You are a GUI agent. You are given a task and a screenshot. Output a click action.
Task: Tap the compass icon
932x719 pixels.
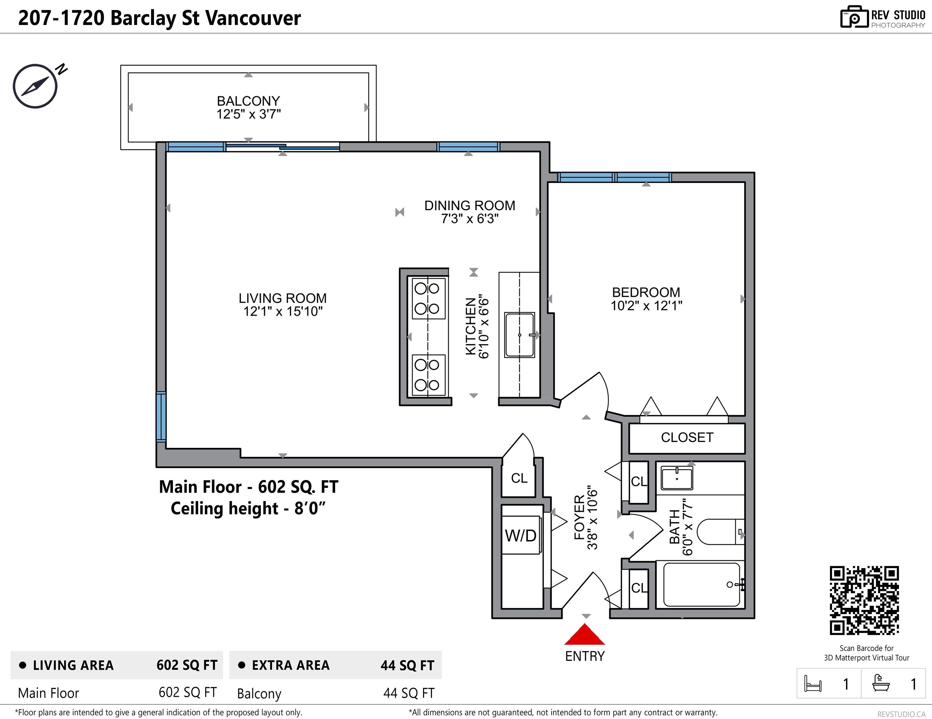(x=35, y=86)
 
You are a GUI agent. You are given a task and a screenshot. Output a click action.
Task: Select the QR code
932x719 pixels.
(x=864, y=600)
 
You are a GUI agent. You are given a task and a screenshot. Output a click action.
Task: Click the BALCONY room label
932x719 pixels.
(x=248, y=101)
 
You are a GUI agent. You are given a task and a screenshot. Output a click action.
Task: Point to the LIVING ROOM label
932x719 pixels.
(x=282, y=298)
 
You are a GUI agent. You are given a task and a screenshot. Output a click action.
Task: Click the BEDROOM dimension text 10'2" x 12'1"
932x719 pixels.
(x=646, y=306)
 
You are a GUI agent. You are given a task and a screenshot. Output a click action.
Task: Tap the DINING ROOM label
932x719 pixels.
(x=469, y=206)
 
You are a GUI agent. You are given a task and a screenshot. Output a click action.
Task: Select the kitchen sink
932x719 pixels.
(x=520, y=335)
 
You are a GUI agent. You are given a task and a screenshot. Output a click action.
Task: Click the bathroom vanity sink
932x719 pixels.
(x=677, y=478)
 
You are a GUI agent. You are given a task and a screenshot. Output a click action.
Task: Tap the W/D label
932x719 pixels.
(x=520, y=535)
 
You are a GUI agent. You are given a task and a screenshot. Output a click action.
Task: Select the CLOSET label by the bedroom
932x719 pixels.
(x=687, y=437)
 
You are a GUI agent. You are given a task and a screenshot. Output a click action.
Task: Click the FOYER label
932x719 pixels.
(x=579, y=517)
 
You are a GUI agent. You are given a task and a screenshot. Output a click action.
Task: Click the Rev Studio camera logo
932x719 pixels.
(x=854, y=17)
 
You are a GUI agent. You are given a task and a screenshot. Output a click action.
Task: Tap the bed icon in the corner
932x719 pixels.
(x=812, y=683)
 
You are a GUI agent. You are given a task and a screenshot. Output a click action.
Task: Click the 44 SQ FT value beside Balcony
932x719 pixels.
(x=409, y=693)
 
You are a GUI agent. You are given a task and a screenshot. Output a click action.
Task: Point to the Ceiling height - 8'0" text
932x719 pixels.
(x=248, y=508)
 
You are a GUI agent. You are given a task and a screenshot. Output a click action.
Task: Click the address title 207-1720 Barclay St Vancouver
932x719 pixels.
(x=160, y=18)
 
